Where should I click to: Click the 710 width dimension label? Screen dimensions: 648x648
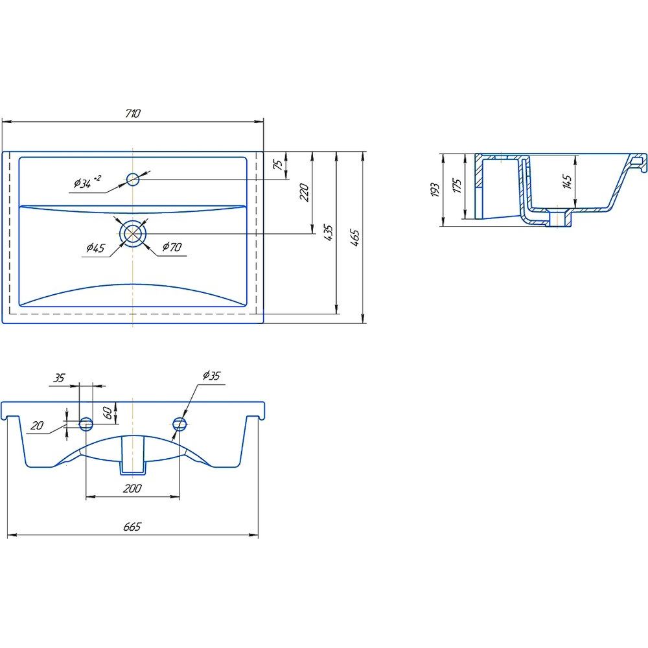133,113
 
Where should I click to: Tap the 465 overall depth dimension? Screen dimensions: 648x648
354,238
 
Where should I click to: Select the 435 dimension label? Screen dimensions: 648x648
329,233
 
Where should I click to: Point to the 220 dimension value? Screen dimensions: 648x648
304,192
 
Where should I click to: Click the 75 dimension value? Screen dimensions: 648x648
279,164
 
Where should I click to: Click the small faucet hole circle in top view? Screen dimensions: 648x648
133,179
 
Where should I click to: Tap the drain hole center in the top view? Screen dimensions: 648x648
133,233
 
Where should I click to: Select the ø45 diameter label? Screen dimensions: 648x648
95,248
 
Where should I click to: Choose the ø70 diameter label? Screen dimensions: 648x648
172,247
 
